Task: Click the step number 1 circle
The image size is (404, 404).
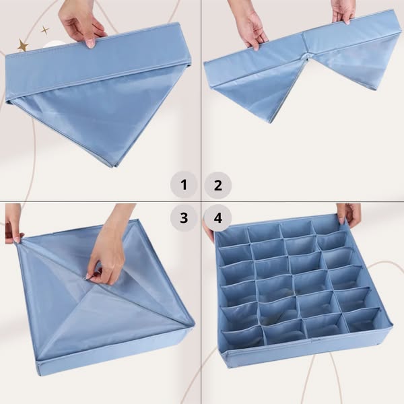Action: pyautogui.click(x=184, y=184)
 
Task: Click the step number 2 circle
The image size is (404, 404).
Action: pyautogui.click(x=218, y=185)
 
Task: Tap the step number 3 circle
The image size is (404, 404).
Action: pyautogui.click(x=184, y=218)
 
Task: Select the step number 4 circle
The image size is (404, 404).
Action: pyautogui.click(x=218, y=218)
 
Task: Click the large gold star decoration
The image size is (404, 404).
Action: pyautogui.click(x=23, y=45)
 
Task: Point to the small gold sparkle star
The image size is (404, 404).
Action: pyautogui.click(x=45, y=30)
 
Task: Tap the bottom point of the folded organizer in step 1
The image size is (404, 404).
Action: pyautogui.click(x=113, y=167)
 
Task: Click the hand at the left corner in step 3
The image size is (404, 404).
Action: pyautogui.click(x=13, y=223)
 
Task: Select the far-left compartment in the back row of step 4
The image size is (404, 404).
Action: pyautogui.click(x=232, y=235)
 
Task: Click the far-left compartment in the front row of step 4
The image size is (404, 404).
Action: pyautogui.click(x=241, y=335)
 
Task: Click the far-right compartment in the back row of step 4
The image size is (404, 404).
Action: pyautogui.click(x=327, y=226)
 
